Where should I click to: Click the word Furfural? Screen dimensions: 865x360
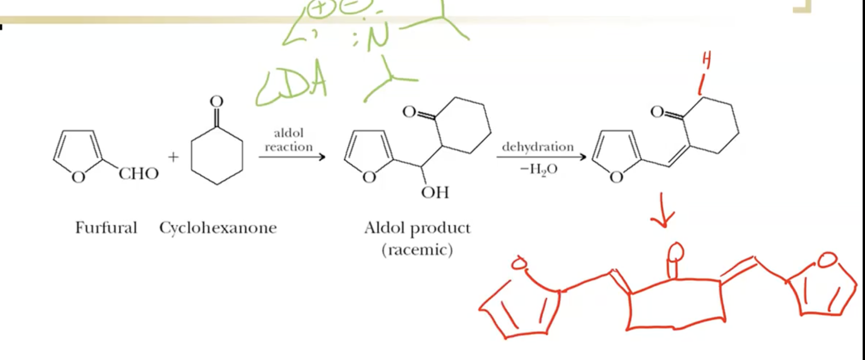click(106, 228)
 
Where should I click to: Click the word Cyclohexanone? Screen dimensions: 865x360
click(218, 228)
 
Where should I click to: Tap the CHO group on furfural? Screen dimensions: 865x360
click(139, 173)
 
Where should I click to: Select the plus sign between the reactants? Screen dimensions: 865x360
click(173, 157)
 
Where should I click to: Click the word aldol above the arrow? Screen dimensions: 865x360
click(289, 133)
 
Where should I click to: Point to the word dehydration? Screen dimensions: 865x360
click(537, 147)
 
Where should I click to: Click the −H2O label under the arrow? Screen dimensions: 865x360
click(538, 169)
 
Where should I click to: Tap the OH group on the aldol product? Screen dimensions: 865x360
click(435, 193)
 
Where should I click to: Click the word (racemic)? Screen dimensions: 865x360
click(417, 250)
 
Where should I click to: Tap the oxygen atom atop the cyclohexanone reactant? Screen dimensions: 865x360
click(216, 101)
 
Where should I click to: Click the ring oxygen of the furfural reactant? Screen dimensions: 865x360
click(78, 177)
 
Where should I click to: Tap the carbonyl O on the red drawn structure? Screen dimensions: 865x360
click(674, 252)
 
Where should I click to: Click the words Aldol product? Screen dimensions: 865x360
click(417, 228)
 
